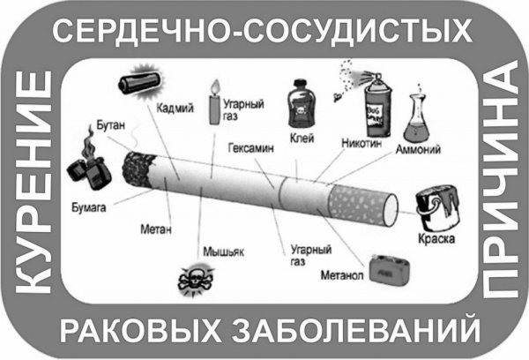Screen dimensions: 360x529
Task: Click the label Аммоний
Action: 421,149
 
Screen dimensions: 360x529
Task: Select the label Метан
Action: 153,229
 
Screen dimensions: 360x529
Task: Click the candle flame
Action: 212,86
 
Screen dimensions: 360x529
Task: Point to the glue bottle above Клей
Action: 302,101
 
